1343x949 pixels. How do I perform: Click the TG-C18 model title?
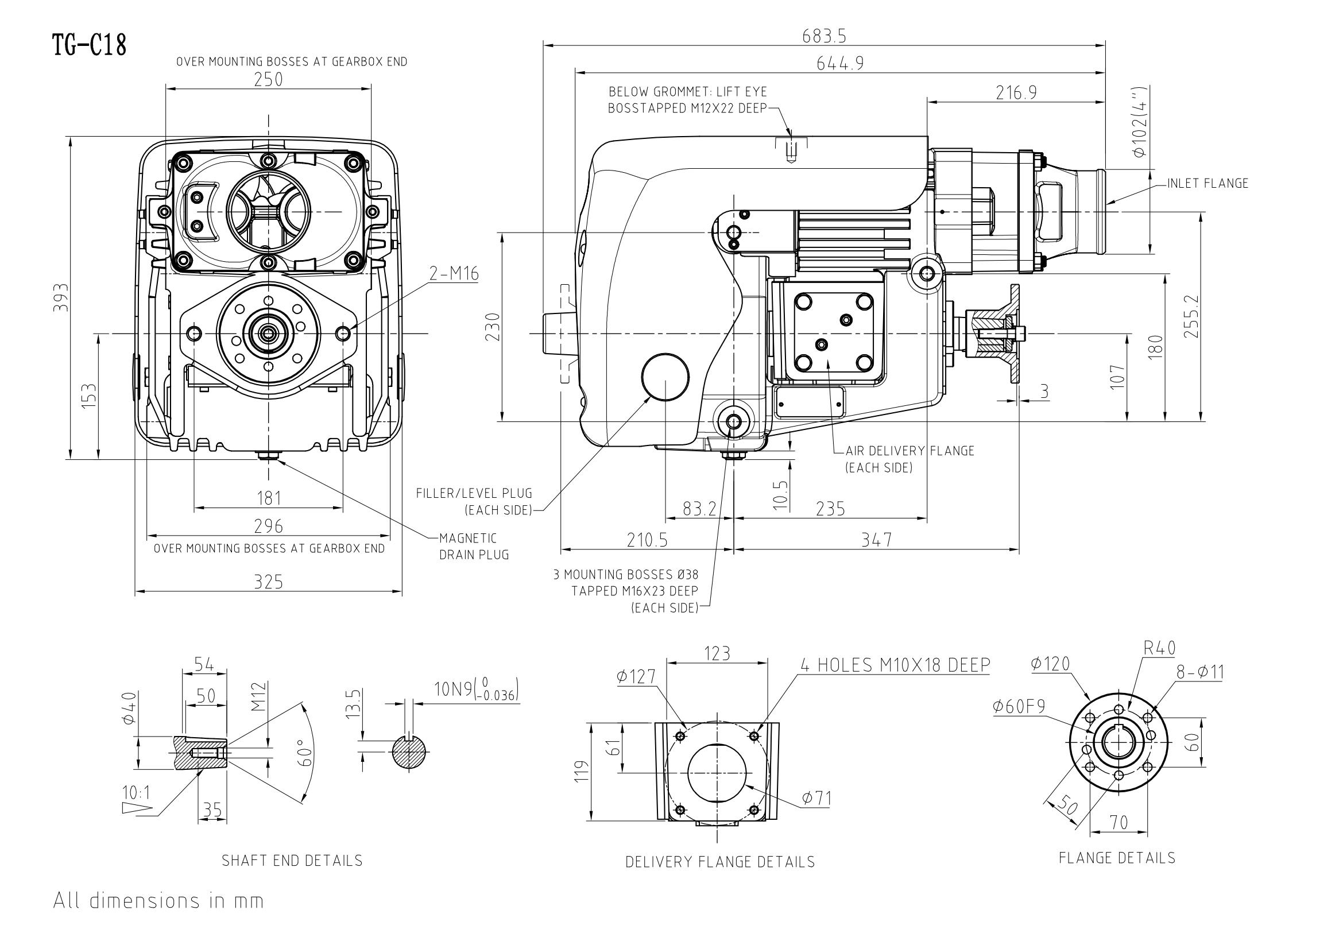click(90, 44)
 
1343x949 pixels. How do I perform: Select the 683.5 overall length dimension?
click(824, 36)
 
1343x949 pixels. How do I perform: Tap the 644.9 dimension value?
click(840, 63)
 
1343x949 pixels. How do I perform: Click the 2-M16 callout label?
click(454, 274)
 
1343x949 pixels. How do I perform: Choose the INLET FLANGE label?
click(1208, 184)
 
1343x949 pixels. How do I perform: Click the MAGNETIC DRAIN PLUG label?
click(474, 546)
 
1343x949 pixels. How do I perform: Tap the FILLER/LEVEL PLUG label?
click(474, 502)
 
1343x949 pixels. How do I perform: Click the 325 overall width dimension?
click(269, 582)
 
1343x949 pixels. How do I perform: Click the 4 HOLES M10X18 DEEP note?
click(896, 665)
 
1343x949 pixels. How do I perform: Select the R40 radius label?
click(1159, 648)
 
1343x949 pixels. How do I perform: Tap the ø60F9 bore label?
click(1019, 707)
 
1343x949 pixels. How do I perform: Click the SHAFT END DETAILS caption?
click(292, 861)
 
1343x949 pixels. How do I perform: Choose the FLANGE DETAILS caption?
click(1117, 858)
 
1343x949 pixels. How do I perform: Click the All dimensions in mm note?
click(158, 900)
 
